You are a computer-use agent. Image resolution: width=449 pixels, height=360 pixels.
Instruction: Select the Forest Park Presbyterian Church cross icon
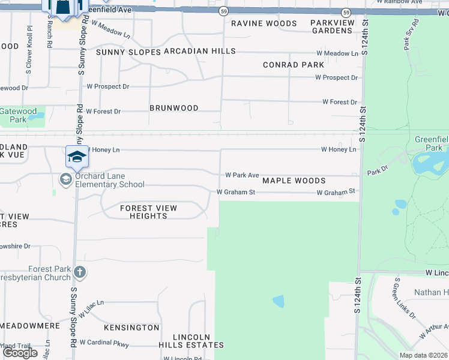point(79,273)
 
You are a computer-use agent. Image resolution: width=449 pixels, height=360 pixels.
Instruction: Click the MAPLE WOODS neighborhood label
point(294,181)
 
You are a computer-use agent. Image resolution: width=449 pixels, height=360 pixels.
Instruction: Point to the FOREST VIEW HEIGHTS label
point(148,212)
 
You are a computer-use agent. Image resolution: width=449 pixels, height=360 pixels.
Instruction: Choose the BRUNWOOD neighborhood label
point(173,108)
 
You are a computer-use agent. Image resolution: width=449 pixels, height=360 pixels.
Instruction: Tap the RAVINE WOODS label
point(264,23)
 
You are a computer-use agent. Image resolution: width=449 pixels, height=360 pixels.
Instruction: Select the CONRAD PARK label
point(294,65)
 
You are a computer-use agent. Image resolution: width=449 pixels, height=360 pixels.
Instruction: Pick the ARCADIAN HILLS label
point(199,52)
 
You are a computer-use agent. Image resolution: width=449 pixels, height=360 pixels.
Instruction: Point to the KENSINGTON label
point(131,328)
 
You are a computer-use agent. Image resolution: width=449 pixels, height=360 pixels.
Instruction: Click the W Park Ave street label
point(242,175)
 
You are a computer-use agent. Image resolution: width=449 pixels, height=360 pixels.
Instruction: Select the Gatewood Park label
point(19,115)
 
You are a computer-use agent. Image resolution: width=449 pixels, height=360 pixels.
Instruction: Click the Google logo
point(20,352)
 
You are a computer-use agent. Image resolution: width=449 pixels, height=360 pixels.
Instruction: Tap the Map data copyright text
point(423,355)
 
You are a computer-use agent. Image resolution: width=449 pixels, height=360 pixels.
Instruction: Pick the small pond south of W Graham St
point(279,301)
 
